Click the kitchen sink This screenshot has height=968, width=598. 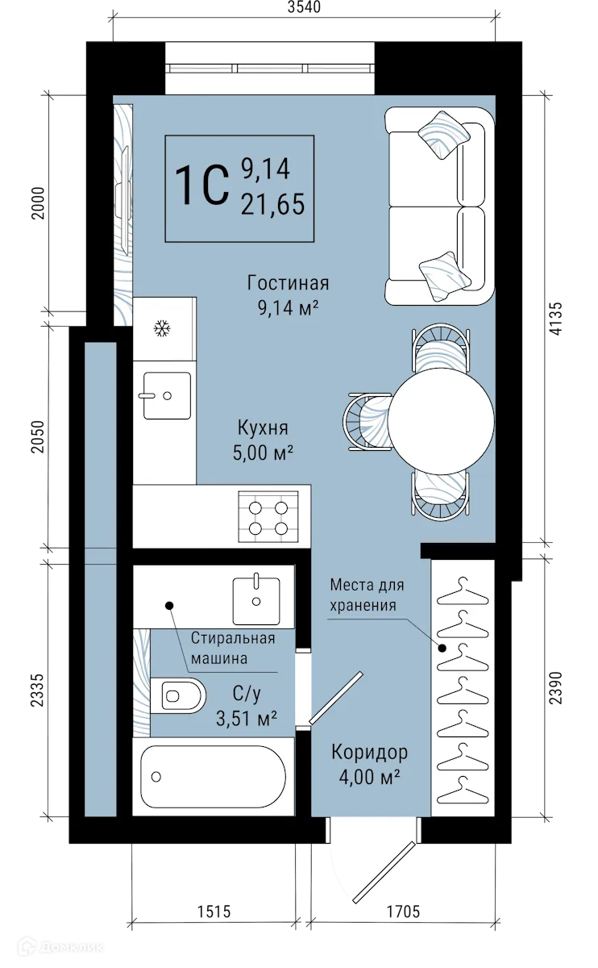click(167, 395)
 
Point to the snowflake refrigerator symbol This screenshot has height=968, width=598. click(163, 328)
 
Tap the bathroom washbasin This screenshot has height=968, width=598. click(255, 599)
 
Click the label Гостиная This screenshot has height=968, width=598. click(289, 283)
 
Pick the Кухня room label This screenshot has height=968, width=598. click(263, 428)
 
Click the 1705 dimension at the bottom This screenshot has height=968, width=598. click(401, 912)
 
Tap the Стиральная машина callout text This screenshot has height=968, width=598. click(233, 648)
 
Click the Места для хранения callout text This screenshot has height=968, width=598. click(367, 595)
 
